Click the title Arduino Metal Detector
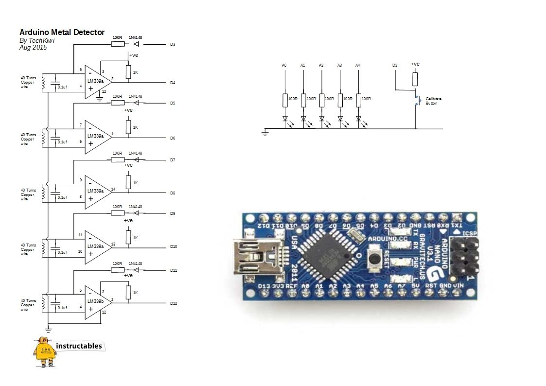click(62, 33)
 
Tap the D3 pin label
click(172, 44)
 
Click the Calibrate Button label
click(434, 101)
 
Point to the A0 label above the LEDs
click(284, 65)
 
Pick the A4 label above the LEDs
click(358, 65)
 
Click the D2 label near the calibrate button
click(395, 65)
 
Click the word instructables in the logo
click(79, 346)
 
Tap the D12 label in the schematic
click(174, 303)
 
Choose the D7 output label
click(172, 160)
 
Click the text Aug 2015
click(33, 48)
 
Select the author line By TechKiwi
click(37, 41)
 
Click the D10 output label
click(174, 247)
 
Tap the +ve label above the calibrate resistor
click(415, 64)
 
